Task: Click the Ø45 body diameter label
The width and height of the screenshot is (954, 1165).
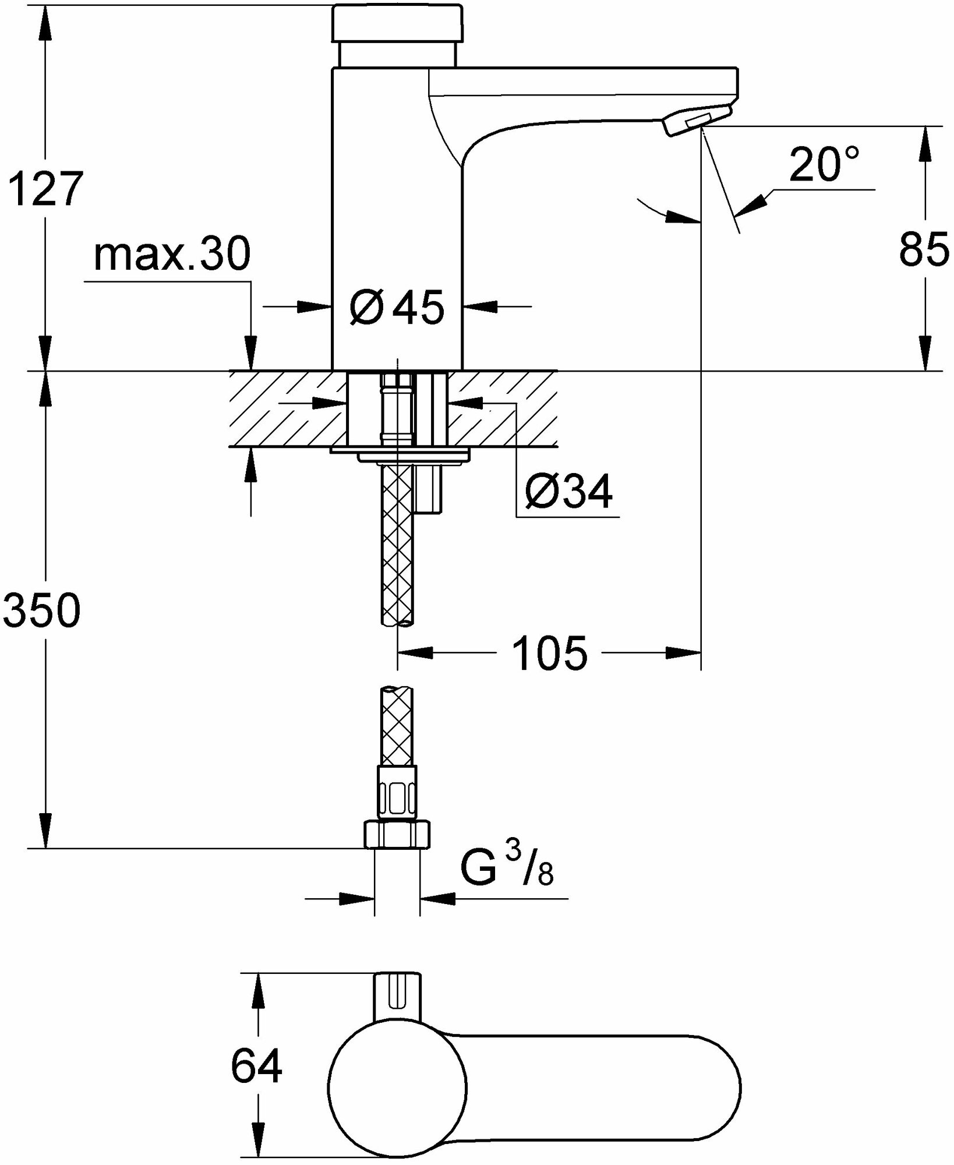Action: coord(397,307)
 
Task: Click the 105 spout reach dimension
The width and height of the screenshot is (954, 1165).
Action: coord(550,654)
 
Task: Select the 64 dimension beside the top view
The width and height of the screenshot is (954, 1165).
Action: coord(256,1066)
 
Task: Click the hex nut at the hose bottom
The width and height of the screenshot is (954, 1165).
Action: coord(398,834)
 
